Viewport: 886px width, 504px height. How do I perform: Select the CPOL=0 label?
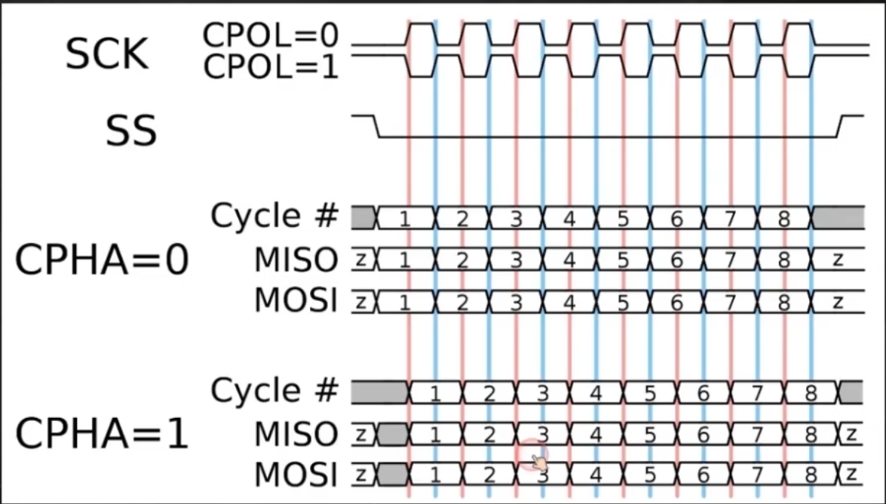pos(271,35)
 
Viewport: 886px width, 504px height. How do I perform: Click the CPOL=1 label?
pos(271,67)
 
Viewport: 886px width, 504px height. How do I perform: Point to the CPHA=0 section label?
pos(102,261)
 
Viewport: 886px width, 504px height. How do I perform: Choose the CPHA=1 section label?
pos(102,435)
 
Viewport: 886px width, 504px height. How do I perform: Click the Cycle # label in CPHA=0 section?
pos(274,217)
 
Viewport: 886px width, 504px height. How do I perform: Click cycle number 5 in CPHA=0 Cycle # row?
pos(623,219)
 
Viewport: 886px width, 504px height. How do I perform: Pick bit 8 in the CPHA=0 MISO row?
pos(783,260)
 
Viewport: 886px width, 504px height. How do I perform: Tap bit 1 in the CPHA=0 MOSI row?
pos(404,302)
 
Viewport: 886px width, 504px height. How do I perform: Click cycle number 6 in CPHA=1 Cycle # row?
pos(703,392)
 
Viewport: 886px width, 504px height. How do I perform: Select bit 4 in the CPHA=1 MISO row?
pos(596,435)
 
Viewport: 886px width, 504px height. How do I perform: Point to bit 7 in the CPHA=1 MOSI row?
pos(757,476)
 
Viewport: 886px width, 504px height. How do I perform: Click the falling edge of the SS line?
pos(377,127)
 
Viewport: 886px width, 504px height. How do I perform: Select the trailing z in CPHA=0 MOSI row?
pos(837,302)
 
